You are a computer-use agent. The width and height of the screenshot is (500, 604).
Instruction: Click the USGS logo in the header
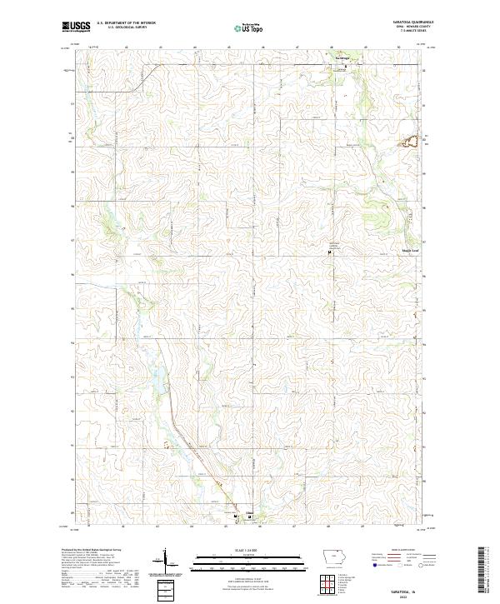tap(76, 27)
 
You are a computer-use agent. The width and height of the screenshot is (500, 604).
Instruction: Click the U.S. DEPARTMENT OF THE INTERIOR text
tap(126, 24)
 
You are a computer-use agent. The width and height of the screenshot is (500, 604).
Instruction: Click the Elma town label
tap(248, 512)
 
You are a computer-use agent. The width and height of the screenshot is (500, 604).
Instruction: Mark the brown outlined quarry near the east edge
tap(410, 142)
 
